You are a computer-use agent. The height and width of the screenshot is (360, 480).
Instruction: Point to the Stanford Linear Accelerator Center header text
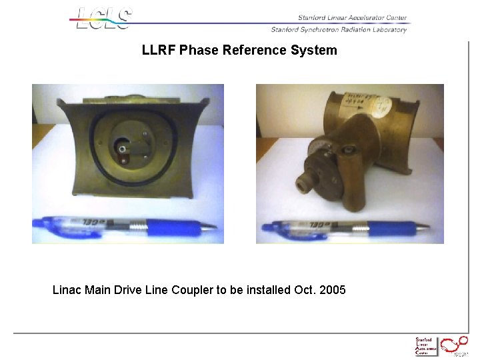[x=352, y=18]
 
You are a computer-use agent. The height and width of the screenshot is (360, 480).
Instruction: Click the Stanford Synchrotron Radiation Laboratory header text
[x=338, y=29]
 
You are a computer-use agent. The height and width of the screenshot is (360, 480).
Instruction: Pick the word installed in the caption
[x=268, y=290]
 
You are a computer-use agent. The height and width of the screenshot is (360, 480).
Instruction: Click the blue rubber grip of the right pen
[x=396, y=228]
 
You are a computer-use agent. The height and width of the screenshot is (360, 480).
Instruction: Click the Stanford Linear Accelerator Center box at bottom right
[x=425, y=346]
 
